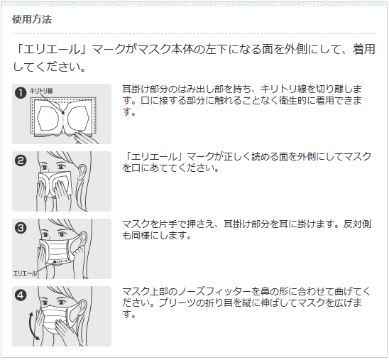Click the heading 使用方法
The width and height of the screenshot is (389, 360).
point(32,19)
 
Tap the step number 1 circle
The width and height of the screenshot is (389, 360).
point(21,93)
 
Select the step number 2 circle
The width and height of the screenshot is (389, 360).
point(21,160)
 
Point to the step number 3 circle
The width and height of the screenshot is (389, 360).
point(21,228)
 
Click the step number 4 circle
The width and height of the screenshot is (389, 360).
point(21,295)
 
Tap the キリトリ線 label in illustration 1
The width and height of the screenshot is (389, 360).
point(41,91)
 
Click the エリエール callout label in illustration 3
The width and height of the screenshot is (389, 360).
point(25,273)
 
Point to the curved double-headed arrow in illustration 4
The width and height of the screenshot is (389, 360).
point(32,326)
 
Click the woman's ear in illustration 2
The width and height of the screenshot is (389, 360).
point(82,171)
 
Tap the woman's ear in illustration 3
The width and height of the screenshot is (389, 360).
point(83,239)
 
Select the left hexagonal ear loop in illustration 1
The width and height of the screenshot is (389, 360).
point(48,118)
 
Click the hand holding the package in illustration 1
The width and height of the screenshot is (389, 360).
point(86,138)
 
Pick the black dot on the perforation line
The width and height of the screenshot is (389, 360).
point(63,113)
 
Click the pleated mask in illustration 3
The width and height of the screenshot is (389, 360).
point(57,250)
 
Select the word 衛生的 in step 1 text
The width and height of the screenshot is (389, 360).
point(292,101)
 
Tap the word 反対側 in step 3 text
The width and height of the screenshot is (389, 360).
point(357,224)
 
